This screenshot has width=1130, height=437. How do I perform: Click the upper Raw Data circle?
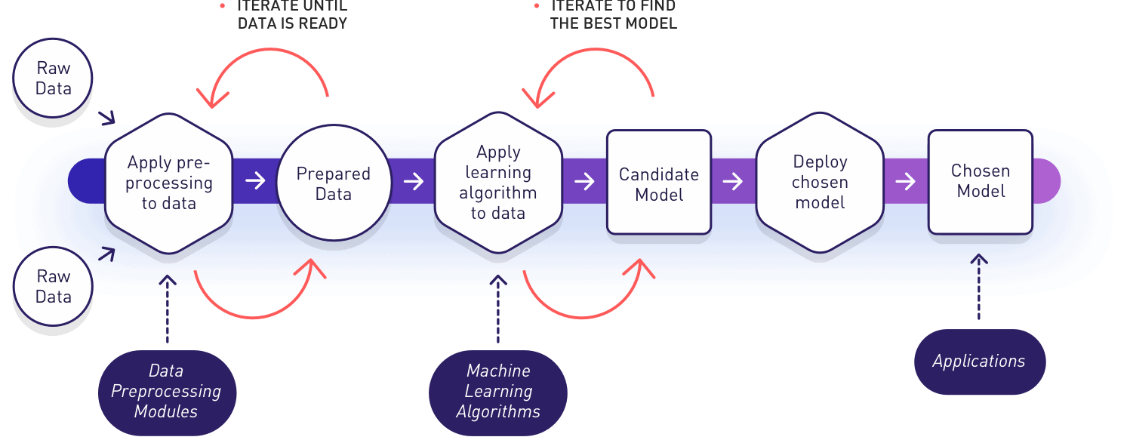click(53, 78)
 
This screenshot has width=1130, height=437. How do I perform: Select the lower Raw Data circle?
click(53, 287)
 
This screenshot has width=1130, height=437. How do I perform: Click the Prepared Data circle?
click(334, 183)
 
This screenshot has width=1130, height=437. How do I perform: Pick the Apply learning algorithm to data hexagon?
click(498, 183)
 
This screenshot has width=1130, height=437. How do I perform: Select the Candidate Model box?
click(659, 183)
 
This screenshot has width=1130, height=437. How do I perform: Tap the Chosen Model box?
click(981, 181)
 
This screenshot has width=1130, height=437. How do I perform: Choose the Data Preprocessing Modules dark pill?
click(167, 391)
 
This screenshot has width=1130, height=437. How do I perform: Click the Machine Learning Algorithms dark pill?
click(498, 391)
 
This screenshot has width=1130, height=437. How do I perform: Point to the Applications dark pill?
click(979, 361)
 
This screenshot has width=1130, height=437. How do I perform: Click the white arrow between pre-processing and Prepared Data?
click(256, 181)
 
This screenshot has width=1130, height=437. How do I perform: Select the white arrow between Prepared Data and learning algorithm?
click(414, 181)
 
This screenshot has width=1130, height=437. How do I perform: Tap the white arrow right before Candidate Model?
click(584, 181)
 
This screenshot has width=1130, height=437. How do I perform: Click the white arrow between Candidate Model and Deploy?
click(732, 181)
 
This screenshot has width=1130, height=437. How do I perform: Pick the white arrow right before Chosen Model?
click(906, 181)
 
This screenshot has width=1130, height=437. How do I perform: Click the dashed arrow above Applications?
click(979, 287)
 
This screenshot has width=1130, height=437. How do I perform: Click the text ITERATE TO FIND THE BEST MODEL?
click(613, 15)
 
